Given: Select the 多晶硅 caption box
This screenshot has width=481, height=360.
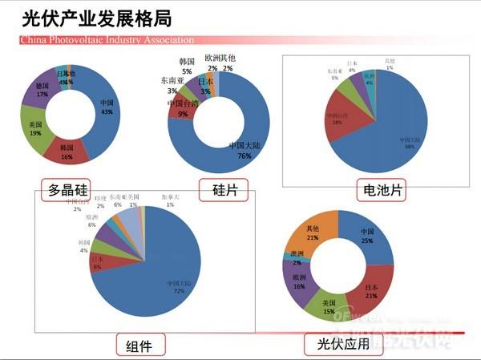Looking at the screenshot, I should coord(67,190).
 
